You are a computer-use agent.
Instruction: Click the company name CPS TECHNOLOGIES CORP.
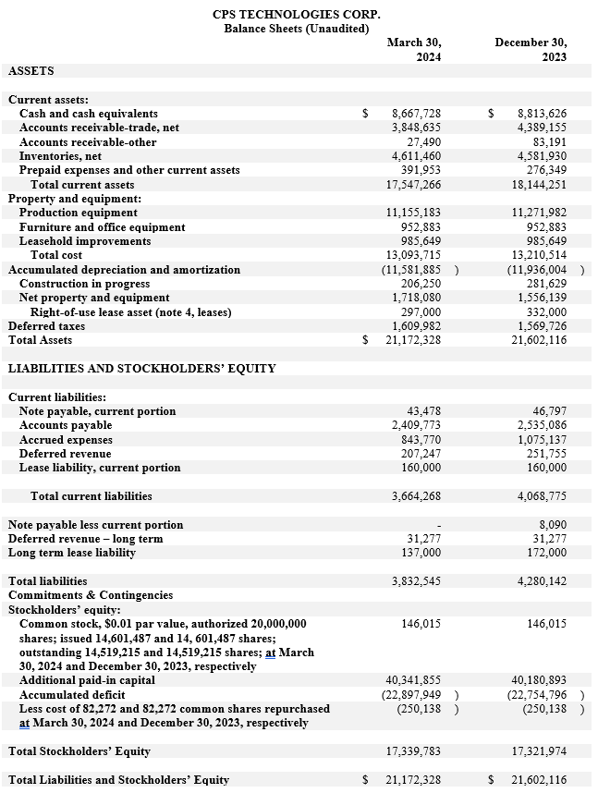(296, 14)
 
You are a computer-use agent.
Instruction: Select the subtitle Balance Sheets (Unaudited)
(296, 29)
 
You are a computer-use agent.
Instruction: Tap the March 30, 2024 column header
(414, 50)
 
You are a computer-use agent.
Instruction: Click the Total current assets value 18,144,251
(539, 185)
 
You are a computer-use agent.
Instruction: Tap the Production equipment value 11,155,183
(413, 213)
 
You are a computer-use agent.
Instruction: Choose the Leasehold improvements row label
(85, 241)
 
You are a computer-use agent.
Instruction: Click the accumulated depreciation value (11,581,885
(412, 270)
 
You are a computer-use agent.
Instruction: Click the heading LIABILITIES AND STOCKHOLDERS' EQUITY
(141, 369)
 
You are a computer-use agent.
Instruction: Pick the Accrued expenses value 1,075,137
(539, 440)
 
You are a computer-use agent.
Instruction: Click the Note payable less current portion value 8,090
(552, 525)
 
